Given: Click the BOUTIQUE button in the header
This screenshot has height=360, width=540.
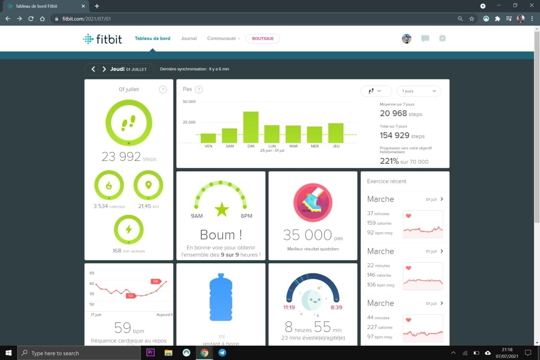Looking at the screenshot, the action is pos(262,38).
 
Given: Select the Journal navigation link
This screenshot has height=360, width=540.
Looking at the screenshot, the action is pos(189,38).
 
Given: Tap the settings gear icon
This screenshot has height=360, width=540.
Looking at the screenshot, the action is pos(442,38).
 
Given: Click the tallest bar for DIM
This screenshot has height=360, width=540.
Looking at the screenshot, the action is pos(251,127).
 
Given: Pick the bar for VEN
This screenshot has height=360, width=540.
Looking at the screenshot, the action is pos(208,138).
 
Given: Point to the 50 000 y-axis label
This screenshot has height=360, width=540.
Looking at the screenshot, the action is pos(189,102).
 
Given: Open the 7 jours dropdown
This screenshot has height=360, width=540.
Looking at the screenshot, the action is pos(419,91).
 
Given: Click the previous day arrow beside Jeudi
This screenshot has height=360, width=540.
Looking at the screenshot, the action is pos(93,69).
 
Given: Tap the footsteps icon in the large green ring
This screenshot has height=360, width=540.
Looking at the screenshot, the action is pos(129,123).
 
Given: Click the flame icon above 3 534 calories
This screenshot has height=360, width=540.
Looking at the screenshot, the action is pos(109,185).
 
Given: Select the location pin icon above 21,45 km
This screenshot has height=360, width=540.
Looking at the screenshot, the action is pos(148,185).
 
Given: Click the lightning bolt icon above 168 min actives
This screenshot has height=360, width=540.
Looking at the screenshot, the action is pos(129,229).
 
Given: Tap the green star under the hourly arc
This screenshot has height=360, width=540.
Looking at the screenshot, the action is pos(221,209).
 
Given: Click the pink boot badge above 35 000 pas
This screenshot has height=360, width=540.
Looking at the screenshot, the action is pos(313,203).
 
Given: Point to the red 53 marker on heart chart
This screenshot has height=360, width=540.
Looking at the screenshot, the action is pos(131,295).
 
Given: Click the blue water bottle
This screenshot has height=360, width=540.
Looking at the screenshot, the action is pos(221,297).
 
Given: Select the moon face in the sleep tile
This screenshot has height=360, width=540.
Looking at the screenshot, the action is pos(312,300).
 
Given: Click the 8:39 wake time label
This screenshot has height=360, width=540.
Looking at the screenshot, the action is pos(336,307).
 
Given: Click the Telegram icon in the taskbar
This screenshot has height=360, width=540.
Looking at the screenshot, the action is pos(222,353).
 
